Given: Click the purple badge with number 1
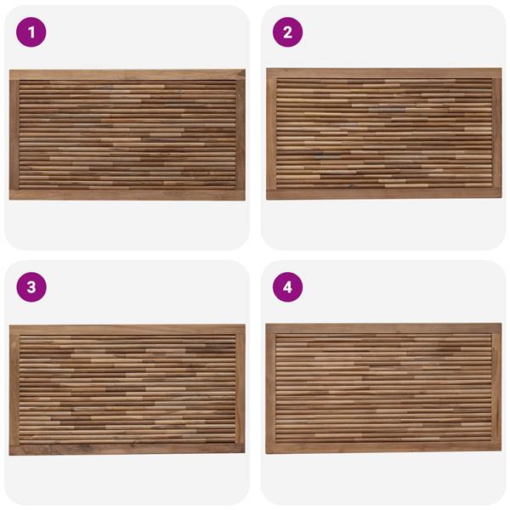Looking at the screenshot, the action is [x=31, y=32].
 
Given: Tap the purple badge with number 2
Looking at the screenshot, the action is [x=287, y=32].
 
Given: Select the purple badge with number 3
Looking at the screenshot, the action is [x=31, y=287].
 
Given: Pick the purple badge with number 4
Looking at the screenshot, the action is [x=287, y=287].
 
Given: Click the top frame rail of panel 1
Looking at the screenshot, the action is [x=127, y=75].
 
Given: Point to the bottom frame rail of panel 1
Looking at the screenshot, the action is [x=127, y=195].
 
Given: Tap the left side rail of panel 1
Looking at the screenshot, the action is [x=14, y=135].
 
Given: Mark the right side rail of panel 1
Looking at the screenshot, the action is [x=241, y=135].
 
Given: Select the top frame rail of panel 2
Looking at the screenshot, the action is [x=384, y=73].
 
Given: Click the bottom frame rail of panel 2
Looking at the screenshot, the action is [x=384, y=195].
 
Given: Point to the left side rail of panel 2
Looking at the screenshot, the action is [x=271, y=133].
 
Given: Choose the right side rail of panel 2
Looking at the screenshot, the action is [x=497, y=133].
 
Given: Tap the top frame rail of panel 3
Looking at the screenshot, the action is [x=127, y=330].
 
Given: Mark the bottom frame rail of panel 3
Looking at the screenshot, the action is [x=127, y=450].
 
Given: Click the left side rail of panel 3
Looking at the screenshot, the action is [x=14, y=389].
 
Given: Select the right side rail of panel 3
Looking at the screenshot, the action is [x=240, y=389].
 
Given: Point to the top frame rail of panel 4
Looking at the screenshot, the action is [x=384, y=328].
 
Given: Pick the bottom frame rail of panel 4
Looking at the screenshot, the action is [x=384, y=448].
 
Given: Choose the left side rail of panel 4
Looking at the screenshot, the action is [x=270, y=388].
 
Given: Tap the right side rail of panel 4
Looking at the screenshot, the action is [x=496, y=388].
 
